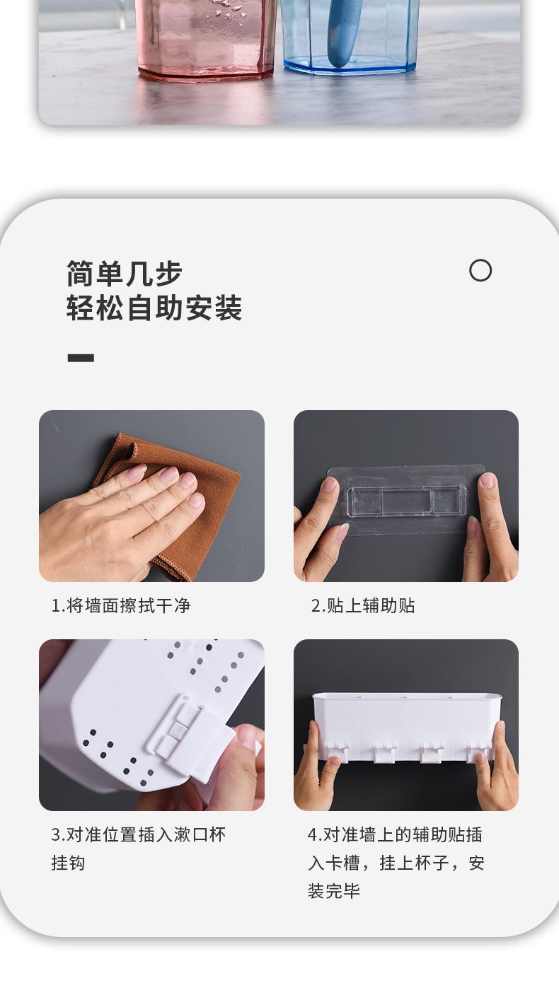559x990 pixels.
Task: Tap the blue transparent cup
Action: pyautogui.click(x=350, y=35)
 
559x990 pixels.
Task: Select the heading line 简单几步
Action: pyautogui.click(x=125, y=274)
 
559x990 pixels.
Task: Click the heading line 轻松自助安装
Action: pyautogui.click(x=154, y=308)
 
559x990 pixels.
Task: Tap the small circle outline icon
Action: pyautogui.click(x=480, y=270)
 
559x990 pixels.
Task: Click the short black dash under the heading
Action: pyautogui.click(x=81, y=358)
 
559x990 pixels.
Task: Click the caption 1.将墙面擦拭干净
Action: pyautogui.click(x=120, y=605)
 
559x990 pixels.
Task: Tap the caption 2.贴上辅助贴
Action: pyautogui.click(x=363, y=605)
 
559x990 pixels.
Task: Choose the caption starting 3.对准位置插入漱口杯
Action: pyautogui.click(x=138, y=834)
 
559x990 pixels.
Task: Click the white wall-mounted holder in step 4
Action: pyautogui.click(x=407, y=725)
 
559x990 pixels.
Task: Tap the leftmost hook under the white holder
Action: pyautogui.click(x=338, y=751)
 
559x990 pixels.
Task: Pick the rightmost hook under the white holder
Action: pyautogui.click(x=479, y=751)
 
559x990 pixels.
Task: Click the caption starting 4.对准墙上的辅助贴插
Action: pyautogui.click(x=395, y=834)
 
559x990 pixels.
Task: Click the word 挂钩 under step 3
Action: pyautogui.click(x=68, y=863)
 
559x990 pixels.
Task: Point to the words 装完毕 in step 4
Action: pyautogui.click(x=334, y=891)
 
